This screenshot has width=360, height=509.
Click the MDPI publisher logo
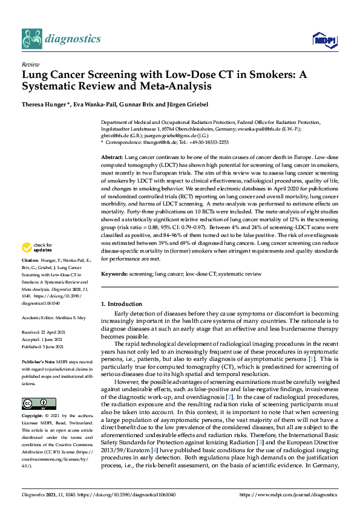coord(326,41)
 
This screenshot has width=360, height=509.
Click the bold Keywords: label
coord(117,274)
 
